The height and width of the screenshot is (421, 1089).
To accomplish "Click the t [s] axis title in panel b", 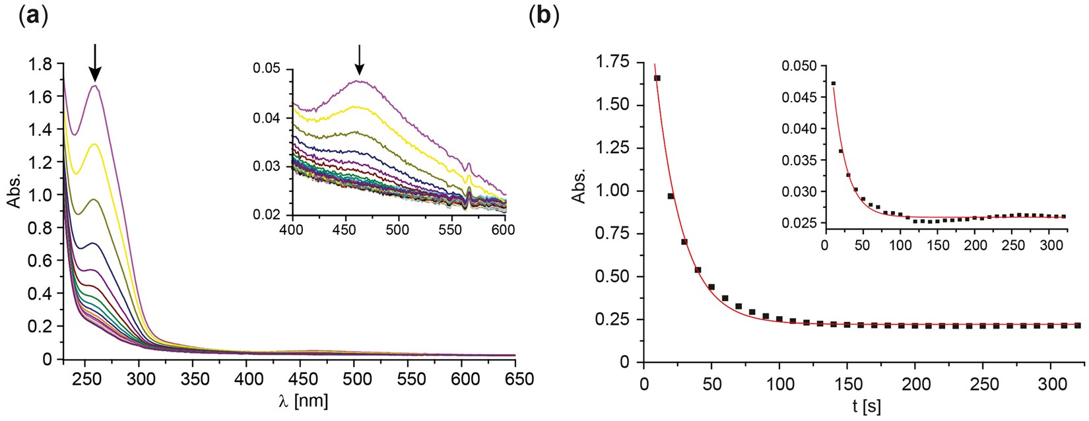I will click(865, 406).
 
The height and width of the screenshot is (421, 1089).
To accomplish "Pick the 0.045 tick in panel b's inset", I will click(797, 98).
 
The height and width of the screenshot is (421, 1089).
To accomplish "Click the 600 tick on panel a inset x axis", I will click(504, 229).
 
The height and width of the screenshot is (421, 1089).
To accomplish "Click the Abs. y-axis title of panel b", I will click(578, 189).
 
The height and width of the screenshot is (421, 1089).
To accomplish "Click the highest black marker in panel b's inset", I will click(834, 83).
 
